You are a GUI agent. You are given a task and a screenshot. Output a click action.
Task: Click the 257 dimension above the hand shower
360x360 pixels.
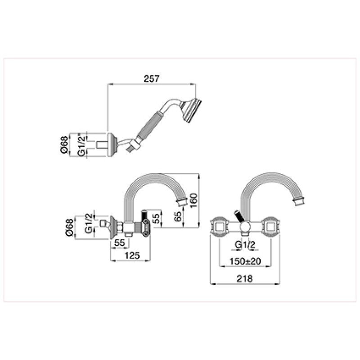(x=151, y=78)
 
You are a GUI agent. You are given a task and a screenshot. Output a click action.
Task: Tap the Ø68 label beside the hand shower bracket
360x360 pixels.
(x=65, y=145)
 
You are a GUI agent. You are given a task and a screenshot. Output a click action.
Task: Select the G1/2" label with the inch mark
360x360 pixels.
(x=81, y=144)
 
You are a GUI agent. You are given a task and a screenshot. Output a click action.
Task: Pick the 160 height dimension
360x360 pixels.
(x=193, y=200)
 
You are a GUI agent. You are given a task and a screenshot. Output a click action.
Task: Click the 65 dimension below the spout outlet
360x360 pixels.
(x=178, y=216)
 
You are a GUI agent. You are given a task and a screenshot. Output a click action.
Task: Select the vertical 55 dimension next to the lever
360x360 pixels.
(x=156, y=218)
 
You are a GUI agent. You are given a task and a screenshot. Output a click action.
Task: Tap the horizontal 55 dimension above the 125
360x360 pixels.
(x=119, y=243)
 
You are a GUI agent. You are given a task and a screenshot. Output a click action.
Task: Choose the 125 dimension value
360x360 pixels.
(x=132, y=255)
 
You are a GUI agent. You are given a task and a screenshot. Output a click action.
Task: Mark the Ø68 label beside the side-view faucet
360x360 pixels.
(x=69, y=228)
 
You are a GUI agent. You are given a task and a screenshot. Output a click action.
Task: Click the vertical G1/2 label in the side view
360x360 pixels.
(x=89, y=223)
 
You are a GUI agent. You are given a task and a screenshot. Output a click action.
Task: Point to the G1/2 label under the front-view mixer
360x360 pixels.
(x=245, y=245)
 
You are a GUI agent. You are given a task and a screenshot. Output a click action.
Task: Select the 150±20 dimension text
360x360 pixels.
(x=245, y=261)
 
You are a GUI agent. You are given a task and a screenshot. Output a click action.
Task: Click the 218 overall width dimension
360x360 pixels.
(x=245, y=279)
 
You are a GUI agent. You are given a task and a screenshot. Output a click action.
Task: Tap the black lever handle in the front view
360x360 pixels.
(x=238, y=216)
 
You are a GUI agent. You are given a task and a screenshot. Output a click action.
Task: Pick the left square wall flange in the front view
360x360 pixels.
(x=220, y=227)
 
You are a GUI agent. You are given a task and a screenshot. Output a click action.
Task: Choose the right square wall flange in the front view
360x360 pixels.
(x=271, y=227)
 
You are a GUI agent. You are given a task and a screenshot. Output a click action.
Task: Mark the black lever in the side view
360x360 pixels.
(x=144, y=215)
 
